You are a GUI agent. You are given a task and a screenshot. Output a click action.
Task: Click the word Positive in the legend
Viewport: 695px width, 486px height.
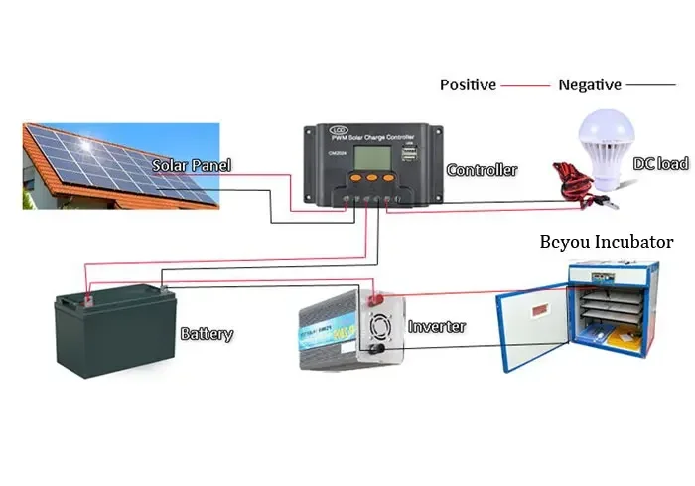pyautogui.click(x=468, y=85)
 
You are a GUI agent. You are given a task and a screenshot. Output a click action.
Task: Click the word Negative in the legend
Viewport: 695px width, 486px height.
pyautogui.click(x=590, y=85)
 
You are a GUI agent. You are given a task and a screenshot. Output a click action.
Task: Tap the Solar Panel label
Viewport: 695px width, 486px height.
pyautogui.click(x=192, y=165)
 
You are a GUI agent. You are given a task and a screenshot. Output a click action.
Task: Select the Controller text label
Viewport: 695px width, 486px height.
pyautogui.click(x=482, y=170)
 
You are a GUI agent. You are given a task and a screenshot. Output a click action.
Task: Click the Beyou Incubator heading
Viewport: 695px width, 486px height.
pyautogui.click(x=607, y=242)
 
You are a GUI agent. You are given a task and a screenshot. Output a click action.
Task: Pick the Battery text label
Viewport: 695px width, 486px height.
pyautogui.click(x=207, y=334)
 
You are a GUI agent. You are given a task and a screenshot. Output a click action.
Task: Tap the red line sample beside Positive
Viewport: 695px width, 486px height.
pyautogui.click(x=525, y=85)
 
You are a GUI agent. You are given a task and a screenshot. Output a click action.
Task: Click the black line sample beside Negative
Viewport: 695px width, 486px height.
pyautogui.click(x=650, y=85)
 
